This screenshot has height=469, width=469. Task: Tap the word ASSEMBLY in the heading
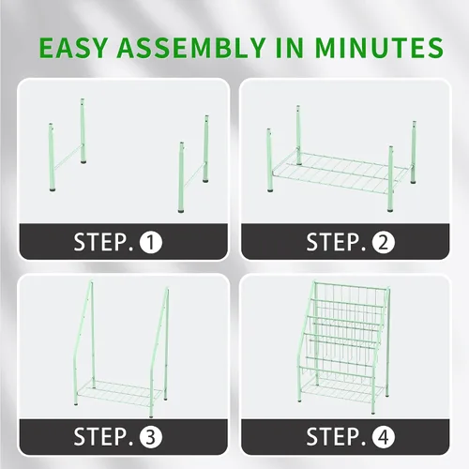click(x=191, y=48)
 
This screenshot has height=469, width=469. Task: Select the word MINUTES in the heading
click(x=379, y=48)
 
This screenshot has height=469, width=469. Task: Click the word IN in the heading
click(x=290, y=48)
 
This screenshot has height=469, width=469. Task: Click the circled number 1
click(x=151, y=242)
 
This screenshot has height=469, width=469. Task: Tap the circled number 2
click(x=384, y=242)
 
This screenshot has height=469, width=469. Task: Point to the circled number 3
click(x=151, y=437)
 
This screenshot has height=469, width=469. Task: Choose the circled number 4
click(x=384, y=437)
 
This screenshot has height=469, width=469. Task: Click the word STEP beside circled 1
click(x=104, y=242)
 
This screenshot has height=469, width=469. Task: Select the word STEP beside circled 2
click(x=337, y=242)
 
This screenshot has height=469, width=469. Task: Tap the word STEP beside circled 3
click(x=104, y=436)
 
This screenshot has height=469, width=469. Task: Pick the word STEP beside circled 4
click(x=337, y=436)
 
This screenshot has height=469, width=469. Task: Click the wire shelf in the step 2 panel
click(x=340, y=171)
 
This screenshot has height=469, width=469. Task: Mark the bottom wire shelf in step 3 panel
click(x=120, y=392)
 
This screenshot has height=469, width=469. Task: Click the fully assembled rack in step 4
click(x=343, y=346)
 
